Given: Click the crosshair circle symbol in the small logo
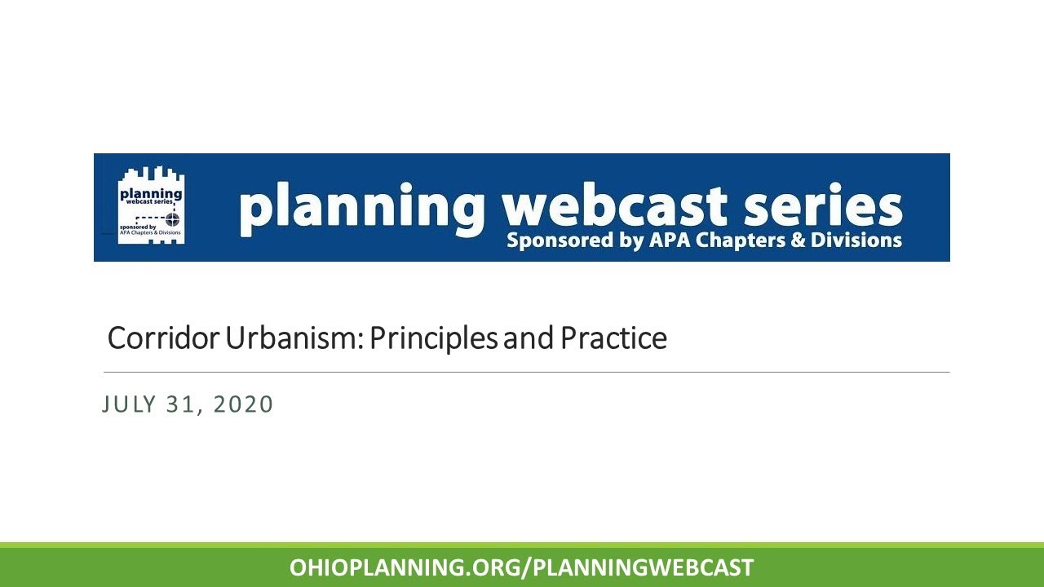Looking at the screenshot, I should [x=172, y=218].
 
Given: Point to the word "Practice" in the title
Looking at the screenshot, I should [x=613, y=338].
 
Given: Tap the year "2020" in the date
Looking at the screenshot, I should [x=242, y=404].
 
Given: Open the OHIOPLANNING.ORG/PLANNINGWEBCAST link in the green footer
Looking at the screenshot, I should [x=522, y=567].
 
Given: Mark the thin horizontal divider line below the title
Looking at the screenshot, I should [x=527, y=372].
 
